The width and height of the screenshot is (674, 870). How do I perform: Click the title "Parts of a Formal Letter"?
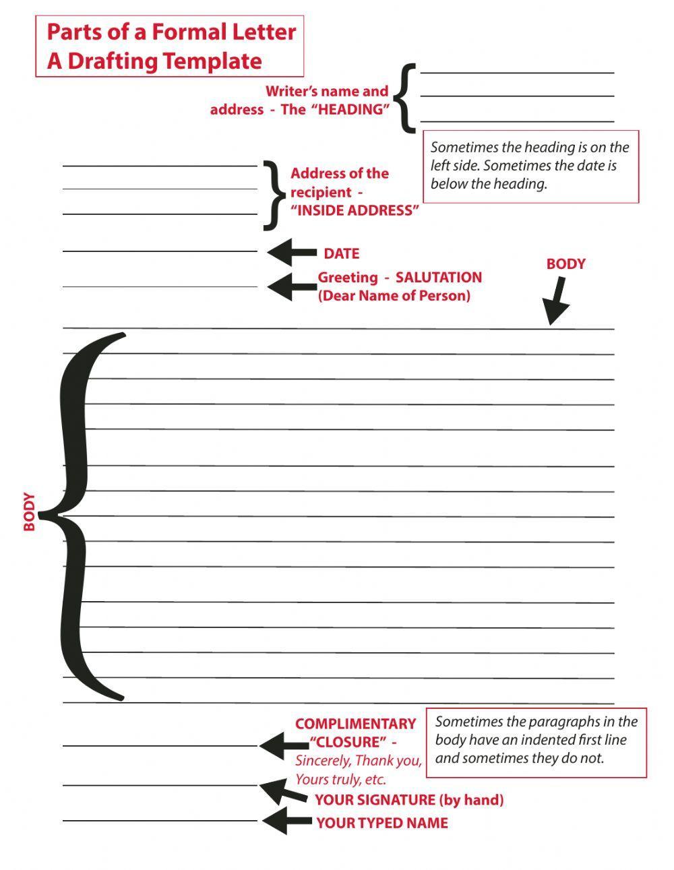click(x=171, y=32)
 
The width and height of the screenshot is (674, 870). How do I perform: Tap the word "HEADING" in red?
click(x=350, y=110)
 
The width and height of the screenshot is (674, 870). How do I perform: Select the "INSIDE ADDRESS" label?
click(x=355, y=210)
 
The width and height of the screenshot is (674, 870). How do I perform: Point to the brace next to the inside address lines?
click(x=271, y=194)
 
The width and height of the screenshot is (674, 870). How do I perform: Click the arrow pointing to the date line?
click(x=291, y=253)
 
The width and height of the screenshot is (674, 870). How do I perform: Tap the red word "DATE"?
click(x=342, y=254)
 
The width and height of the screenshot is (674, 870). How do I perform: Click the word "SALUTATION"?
click(x=439, y=277)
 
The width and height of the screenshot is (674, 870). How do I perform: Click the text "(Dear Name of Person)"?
click(x=394, y=295)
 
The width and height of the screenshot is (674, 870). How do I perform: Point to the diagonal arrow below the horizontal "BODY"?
click(x=557, y=301)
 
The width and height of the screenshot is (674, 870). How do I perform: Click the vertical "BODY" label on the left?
click(x=30, y=512)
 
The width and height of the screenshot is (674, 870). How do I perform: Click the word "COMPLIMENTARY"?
click(x=355, y=724)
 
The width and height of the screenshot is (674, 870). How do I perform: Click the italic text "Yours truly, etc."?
click(x=341, y=780)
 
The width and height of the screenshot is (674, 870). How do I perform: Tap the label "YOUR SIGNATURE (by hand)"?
click(x=409, y=800)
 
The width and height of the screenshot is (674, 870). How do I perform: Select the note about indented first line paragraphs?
click(x=536, y=740)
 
